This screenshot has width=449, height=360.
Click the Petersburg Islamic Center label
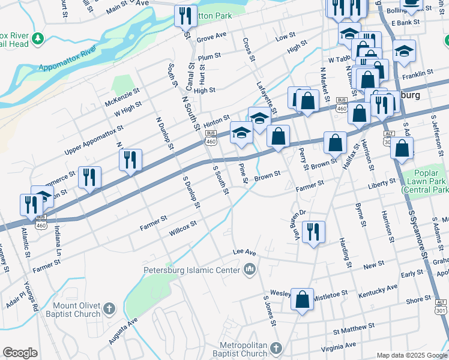pos(191,270)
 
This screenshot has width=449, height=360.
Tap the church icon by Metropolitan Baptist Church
pos(275,349)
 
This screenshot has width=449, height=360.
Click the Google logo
pos(20,353)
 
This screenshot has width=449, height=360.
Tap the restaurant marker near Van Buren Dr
pos(313,232)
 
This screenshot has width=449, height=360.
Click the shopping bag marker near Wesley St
pos(303,298)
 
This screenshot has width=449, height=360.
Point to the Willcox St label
pos(182,227)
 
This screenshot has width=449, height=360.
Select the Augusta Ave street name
pos(123,331)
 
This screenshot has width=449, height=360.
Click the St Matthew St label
pos(354,328)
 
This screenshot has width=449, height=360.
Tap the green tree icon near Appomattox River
pos(38,38)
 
